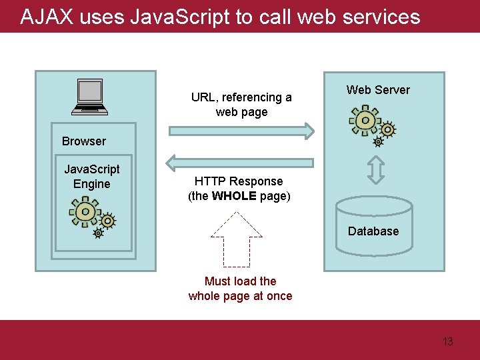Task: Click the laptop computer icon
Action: pos(90,96)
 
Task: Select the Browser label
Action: pos(83,141)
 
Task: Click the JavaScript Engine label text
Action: pos(91,177)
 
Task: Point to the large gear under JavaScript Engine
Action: pos(85,211)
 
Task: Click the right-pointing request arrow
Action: pos(240,131)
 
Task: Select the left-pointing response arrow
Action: pos(240,161)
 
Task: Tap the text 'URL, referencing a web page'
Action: pos(241,105)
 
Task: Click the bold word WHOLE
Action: pos(234,196)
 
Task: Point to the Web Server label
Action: pos(378,90)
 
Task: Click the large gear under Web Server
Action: pos(364,121)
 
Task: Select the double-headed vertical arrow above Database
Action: pos(376,169)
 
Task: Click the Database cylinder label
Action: pos(373,231)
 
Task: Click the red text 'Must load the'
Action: pos(240,281)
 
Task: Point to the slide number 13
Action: pos(447,342)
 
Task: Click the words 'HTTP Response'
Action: pos(239,181)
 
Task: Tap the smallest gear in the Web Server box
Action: pos(378,142)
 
